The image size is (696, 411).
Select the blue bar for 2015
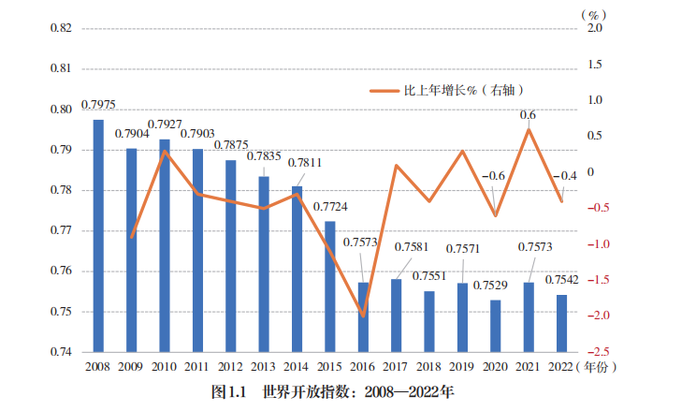(x=330, y=286)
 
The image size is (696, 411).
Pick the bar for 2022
(x=562, y=323)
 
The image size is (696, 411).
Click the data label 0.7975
(x=98, y=105)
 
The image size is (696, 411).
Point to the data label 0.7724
(x=330, y=207)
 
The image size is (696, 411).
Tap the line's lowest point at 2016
(x=363, y=316)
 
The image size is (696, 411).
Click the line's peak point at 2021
(x=529, y=129)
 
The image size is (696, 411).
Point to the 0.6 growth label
(x=528, y=115)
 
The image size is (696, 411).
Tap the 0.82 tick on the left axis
(x=60, y=29)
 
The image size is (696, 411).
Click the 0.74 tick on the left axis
(x=60, y=352)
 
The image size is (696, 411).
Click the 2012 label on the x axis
(x=230, y=367)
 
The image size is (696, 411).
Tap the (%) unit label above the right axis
(x=593, y=12)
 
